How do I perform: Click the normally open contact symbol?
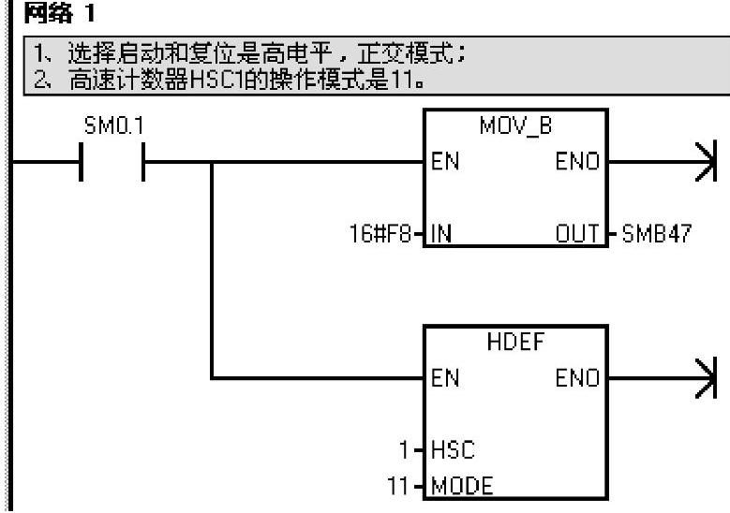[112, 162]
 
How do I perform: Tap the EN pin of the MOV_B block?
[445, 162]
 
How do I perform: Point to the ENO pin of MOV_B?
[579, 162]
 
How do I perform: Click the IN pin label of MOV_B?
[441, 233]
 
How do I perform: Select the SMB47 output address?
[656, 233]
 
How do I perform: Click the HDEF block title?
[514, 343]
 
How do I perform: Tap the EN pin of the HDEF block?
[445, 379]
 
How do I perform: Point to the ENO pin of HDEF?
[579, 379]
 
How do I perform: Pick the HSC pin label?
[452, 450]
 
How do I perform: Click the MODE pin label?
[461, 486]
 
